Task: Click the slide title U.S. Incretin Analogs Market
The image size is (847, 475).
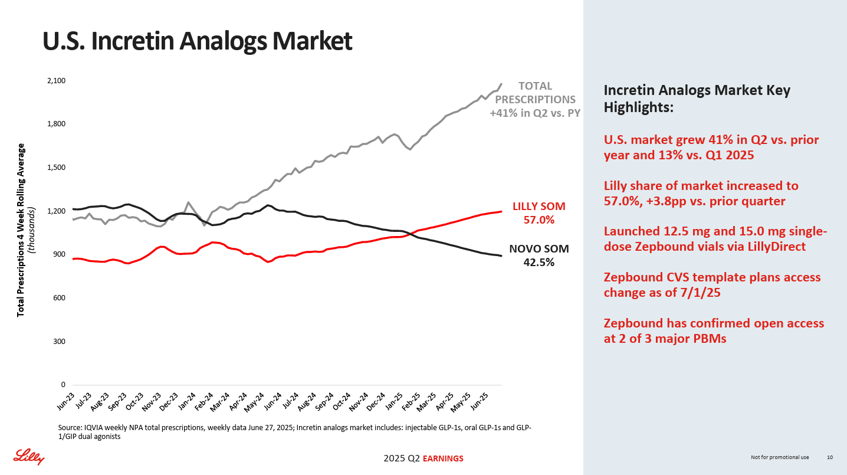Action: (197, 41)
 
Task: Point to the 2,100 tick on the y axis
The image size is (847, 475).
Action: (57, 81)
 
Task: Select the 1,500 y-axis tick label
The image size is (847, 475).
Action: (57, 168)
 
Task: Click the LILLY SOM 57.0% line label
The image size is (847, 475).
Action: (539, 213)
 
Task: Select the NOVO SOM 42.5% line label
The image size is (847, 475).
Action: (539, 255)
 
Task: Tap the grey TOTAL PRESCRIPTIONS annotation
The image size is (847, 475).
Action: (535, 99)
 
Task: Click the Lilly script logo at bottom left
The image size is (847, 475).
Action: (29, 456)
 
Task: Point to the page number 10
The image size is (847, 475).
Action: (830, 457)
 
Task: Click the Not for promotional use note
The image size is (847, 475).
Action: (780, 457)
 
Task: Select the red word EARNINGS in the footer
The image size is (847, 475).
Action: (443, 458)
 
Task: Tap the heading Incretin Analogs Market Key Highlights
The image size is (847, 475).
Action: (697, 99)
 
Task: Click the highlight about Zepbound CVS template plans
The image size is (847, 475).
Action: (712, 284)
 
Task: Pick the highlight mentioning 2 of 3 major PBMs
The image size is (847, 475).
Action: (714, 331)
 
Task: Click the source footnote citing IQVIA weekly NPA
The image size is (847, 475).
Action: (294, 432)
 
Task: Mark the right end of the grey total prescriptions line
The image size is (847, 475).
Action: (501, 84)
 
